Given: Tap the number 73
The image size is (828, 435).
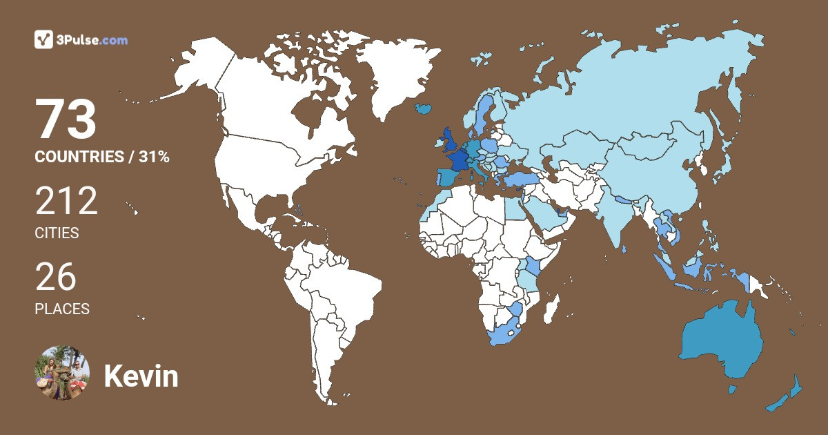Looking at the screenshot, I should point(66,120).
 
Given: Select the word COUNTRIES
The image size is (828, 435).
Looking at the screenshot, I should point(79,157).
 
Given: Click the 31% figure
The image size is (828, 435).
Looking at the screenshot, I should point(154,157).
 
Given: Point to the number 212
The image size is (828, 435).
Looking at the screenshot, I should point(66,202).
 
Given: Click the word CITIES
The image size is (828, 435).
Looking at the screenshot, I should point(57,233).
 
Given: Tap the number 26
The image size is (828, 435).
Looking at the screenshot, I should point(56,277).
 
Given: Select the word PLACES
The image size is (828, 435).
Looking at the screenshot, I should point(62,309).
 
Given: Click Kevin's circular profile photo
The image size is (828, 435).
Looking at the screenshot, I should point(63,373).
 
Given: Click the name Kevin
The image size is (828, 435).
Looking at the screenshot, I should point(141,376).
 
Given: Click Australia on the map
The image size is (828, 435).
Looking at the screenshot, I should point(721,342).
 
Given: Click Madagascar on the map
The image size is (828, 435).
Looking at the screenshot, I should point(551,314).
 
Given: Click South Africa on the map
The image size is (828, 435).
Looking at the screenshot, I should point(507,333).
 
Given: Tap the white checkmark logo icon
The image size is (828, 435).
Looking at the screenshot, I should point(44,40).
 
